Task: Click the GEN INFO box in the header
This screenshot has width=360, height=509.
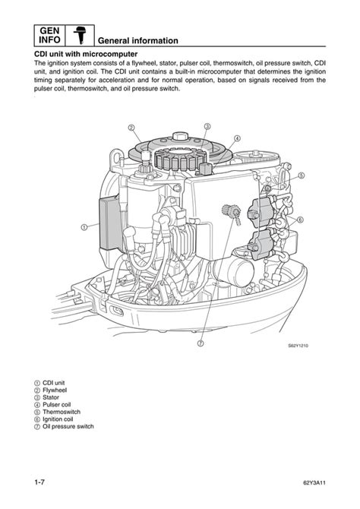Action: [49, 36]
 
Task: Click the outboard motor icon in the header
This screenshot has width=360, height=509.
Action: [80, 36]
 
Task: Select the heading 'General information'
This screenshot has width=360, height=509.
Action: [138, 41]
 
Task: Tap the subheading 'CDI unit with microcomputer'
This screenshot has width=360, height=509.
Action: [86, 54]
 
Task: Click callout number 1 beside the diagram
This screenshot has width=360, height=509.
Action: [84, 227]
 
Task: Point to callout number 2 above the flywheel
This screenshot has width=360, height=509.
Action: [131, 128]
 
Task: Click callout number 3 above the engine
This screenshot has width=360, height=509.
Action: [207, 126]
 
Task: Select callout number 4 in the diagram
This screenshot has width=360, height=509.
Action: [237, 138]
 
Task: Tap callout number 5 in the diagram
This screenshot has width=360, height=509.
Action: [302, 175]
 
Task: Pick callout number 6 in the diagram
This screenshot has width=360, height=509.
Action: [300, 220]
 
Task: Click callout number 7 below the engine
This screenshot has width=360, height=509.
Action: [201, 343]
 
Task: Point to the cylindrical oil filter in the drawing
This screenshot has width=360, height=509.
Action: [235, 272]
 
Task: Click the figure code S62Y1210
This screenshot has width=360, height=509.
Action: [298, 346]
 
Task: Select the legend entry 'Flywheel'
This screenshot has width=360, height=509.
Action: [50, 390]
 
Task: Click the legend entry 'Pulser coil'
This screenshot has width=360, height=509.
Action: [52, 404]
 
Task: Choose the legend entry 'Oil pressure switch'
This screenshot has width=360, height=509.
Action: [64, 426]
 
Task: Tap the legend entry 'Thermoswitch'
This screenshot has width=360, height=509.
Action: [57, 412]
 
